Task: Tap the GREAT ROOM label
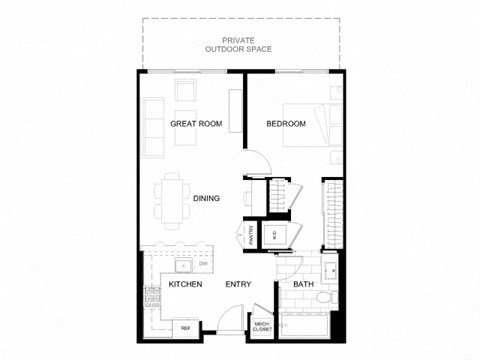click(195, 124)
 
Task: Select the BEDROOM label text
click(286, 124)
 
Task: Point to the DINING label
click(206, 198)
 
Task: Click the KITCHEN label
click(185, 285)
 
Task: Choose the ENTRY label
click(237, 285)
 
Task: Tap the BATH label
click(303, 285)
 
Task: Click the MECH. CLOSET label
click(262, 326)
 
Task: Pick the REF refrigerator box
click(186, 327)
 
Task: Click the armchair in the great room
click(188, 91)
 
